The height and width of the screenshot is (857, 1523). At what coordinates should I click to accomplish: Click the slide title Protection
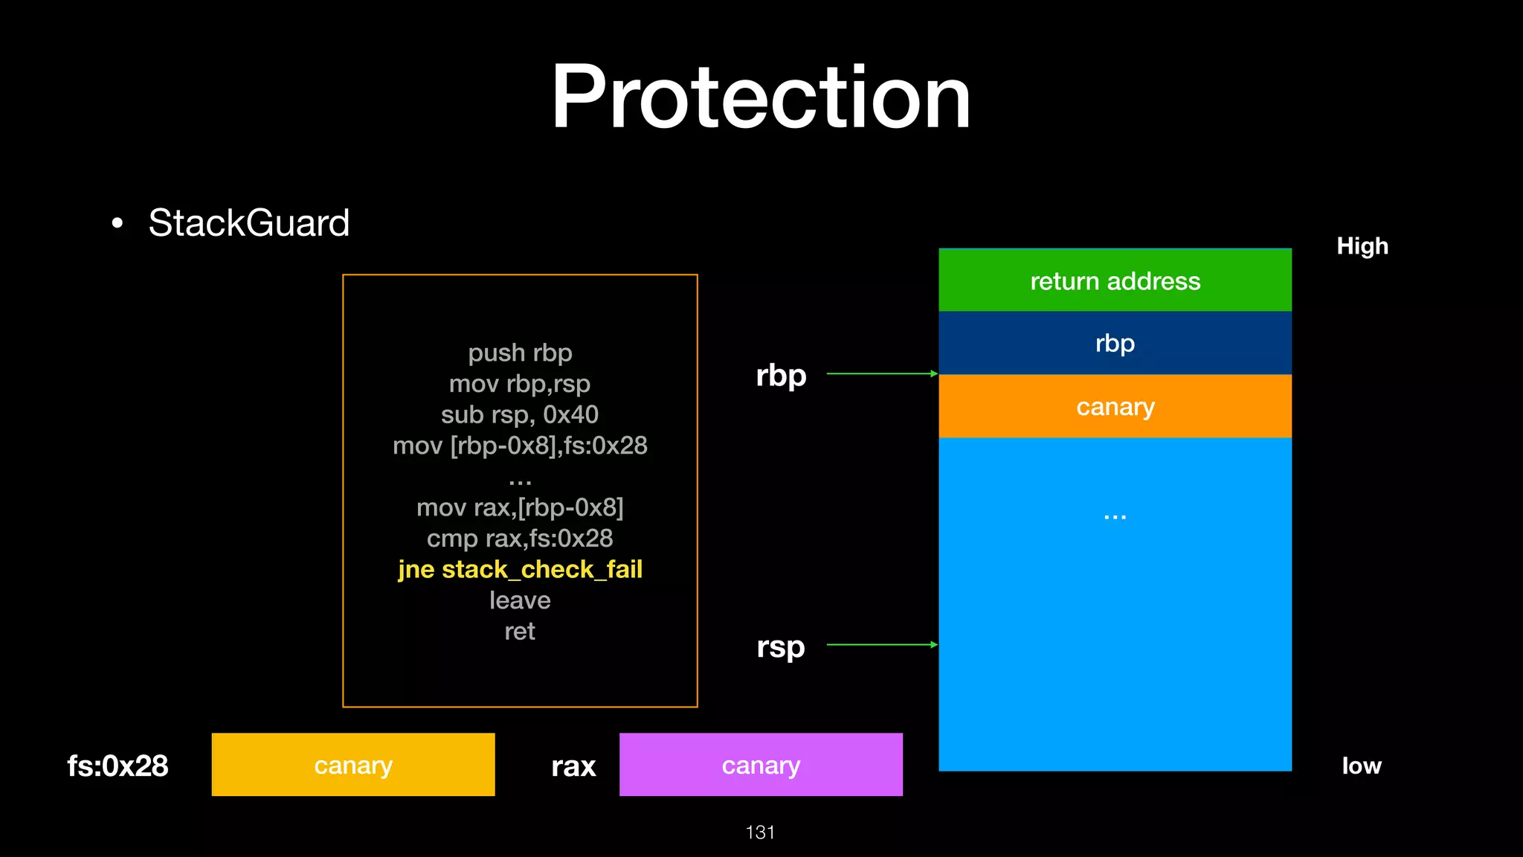pos(760,97)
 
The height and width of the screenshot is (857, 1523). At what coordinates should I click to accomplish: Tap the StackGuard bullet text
pos(248,222)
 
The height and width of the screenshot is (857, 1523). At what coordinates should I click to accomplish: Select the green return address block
pos(1115,280)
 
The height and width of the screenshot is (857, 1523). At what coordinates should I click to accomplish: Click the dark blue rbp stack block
pos(1115,343)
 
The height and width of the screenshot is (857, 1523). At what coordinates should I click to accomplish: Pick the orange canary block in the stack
pos(1115,406)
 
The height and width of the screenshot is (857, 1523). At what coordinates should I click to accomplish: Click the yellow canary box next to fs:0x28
pos(353,765)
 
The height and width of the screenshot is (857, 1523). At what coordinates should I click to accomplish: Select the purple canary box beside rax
pos(761,765)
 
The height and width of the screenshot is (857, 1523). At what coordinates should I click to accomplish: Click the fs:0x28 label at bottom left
pos(117,765)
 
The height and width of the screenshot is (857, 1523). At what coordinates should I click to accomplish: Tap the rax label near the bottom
pos(573,766)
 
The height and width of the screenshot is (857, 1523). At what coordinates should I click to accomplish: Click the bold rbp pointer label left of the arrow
pos(781,375)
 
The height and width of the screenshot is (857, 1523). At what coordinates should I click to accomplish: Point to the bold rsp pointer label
pos(781,646)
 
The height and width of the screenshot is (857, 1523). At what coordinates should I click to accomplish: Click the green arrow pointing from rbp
pos(881,373)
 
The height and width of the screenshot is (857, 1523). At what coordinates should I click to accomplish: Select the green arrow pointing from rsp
pos(881,644)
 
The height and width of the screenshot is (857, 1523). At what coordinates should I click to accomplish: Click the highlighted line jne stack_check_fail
pos(520,569)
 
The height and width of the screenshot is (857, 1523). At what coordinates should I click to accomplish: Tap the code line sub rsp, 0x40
pos(520,414)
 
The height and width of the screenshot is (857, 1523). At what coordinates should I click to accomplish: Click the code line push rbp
pos(520,353)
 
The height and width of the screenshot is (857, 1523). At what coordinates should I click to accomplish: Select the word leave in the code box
pos(520,600)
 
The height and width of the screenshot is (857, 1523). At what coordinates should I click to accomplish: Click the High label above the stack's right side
pos(1362,246)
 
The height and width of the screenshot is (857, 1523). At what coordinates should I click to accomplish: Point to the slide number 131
pos(760,832)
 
